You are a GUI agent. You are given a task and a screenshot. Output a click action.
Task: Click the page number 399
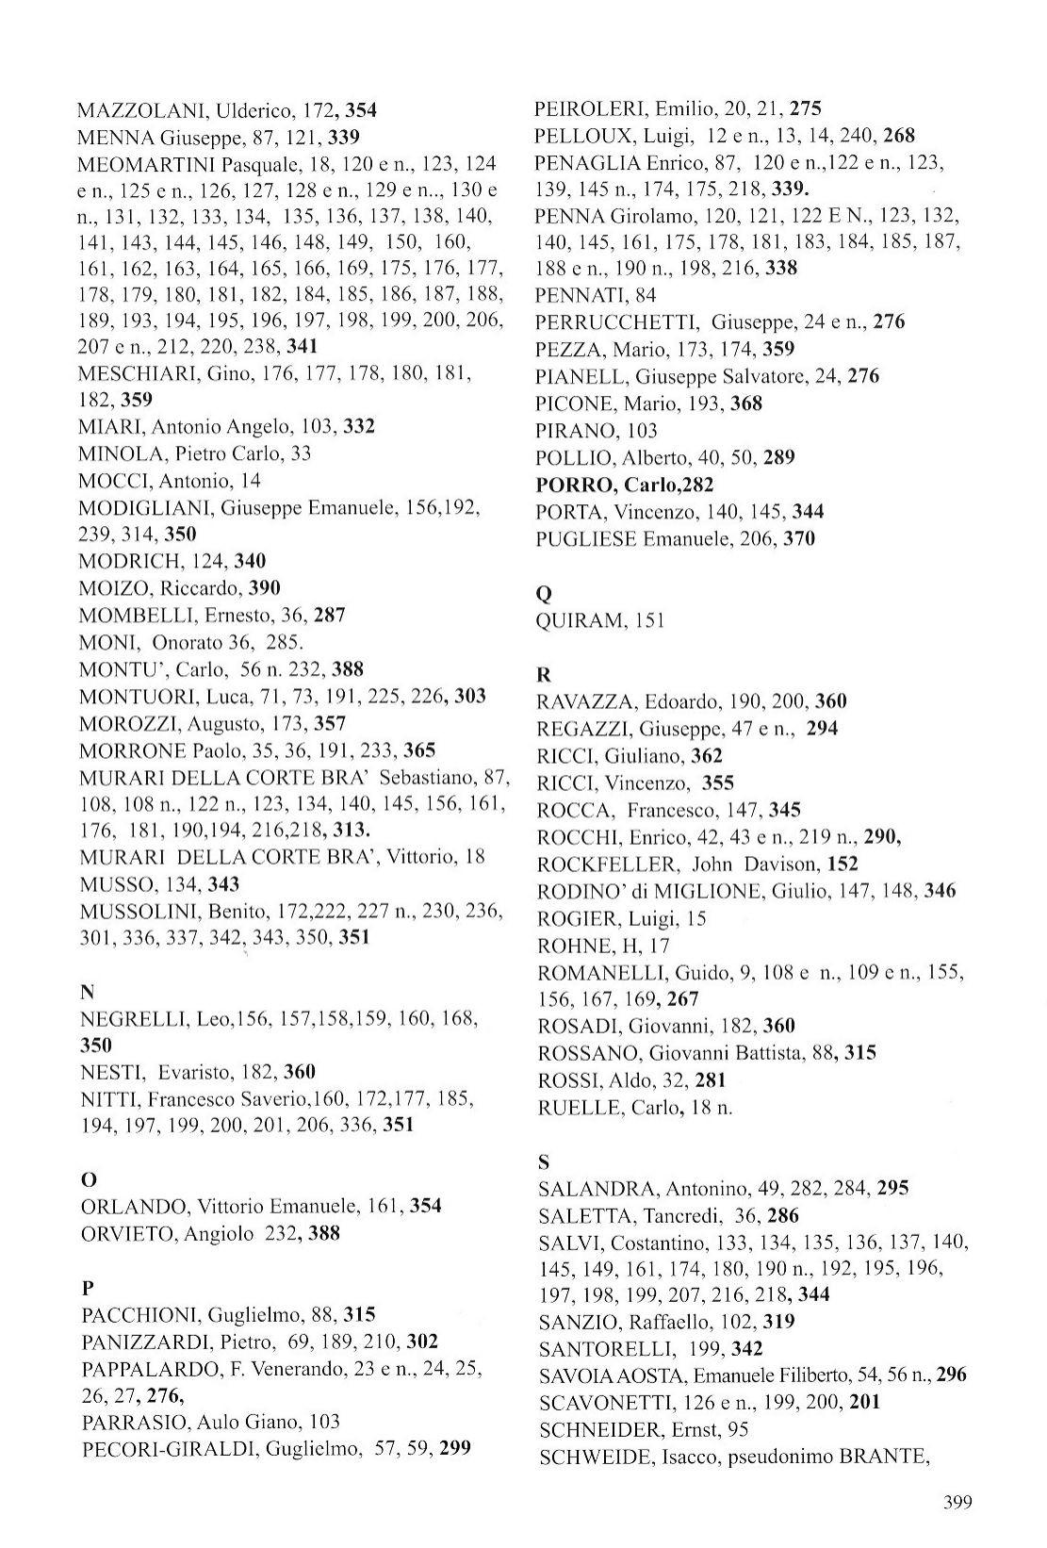click(956, 1503)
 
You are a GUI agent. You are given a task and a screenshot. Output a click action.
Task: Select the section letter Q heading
click(543, 594)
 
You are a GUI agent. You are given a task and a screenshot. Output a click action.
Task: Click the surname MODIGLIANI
click(145, 508)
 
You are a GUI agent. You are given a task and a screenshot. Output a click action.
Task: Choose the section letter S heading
click(544, 1161)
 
